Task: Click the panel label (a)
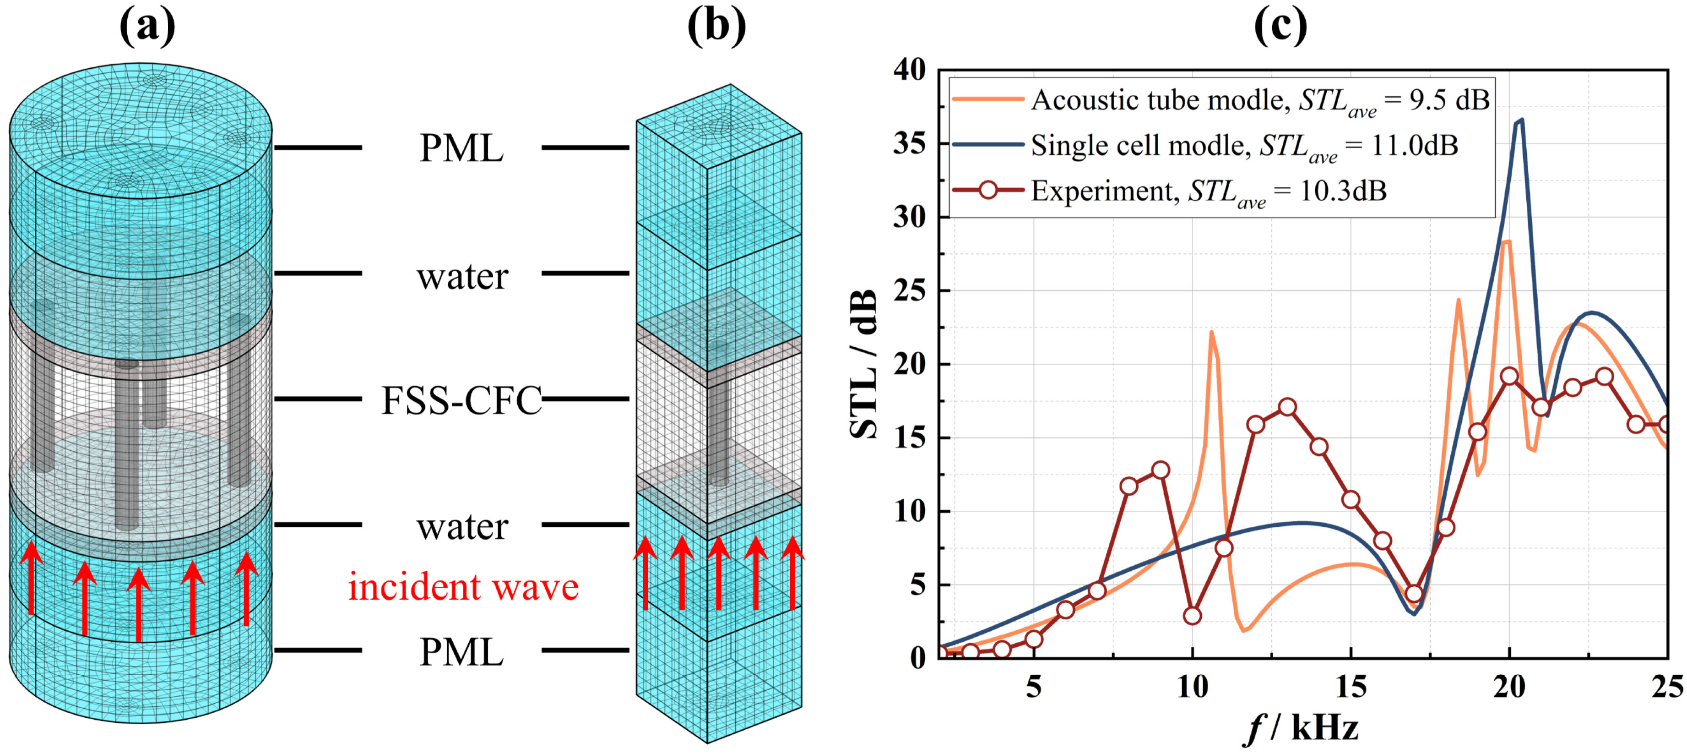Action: (x=147, y=27)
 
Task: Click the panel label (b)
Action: (x=716, y=27)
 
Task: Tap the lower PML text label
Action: (x=462, y=652)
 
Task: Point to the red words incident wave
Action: (x=463, y=587)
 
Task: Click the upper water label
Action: (x=462, y=276)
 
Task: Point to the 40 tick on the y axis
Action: (x=910, y=70)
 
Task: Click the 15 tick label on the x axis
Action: (x=1351, y=687)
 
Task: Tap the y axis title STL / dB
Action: (x=863, y=364)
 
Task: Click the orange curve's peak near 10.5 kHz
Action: (x=1211, y=332)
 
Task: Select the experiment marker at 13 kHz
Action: (x=1287, y=407)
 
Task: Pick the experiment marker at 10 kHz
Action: (x=1192, y=616)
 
